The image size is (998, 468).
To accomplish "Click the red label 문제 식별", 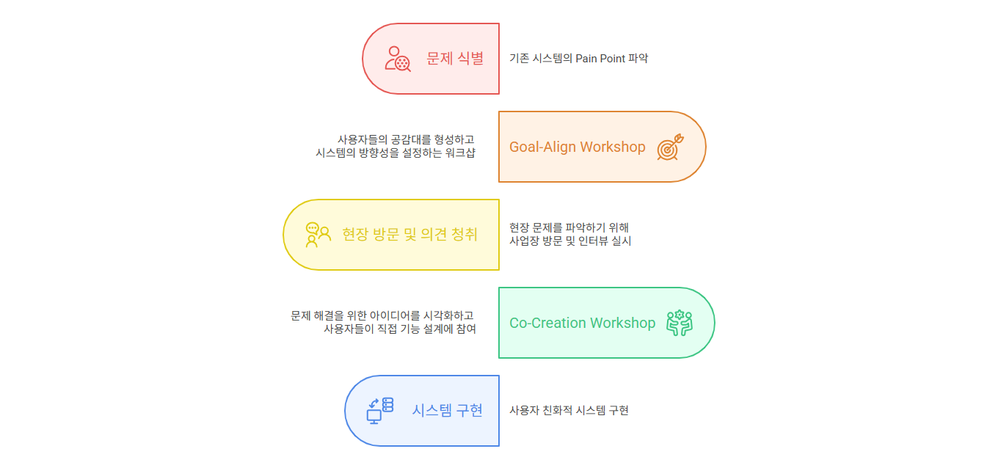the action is pos(455,59).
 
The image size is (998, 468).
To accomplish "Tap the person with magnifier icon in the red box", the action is pos(398,59).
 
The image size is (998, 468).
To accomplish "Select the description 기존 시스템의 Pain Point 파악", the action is pos(578,59).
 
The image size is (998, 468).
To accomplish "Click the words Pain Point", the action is pos(600,59).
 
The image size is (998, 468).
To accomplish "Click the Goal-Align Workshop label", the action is pos(577,147).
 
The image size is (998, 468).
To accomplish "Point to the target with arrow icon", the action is pos(670,147).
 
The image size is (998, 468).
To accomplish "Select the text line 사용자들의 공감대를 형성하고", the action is pos(405,139).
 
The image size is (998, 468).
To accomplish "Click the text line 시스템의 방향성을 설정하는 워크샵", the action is pos(396,153).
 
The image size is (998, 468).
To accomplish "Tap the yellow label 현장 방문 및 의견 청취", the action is pos(409,234).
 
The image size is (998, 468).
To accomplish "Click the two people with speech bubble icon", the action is pos(318,235).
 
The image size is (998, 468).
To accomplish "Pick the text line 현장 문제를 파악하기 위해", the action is pos(569,227).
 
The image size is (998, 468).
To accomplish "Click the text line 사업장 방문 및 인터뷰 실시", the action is pos(570,241).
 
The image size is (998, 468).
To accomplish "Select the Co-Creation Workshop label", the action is pos(583,323).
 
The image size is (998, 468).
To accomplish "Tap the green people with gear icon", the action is pos(680,323).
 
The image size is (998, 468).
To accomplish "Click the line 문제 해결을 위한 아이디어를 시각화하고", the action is pos(382,315).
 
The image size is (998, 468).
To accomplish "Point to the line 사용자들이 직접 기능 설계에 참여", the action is pos(400,329).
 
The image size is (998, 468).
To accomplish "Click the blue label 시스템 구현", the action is pos(447,410).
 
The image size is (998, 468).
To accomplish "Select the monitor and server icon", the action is pos(380,411).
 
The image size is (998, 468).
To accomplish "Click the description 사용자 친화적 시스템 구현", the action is pos(569,410).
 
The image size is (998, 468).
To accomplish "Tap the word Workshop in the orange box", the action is pos(613,147).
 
